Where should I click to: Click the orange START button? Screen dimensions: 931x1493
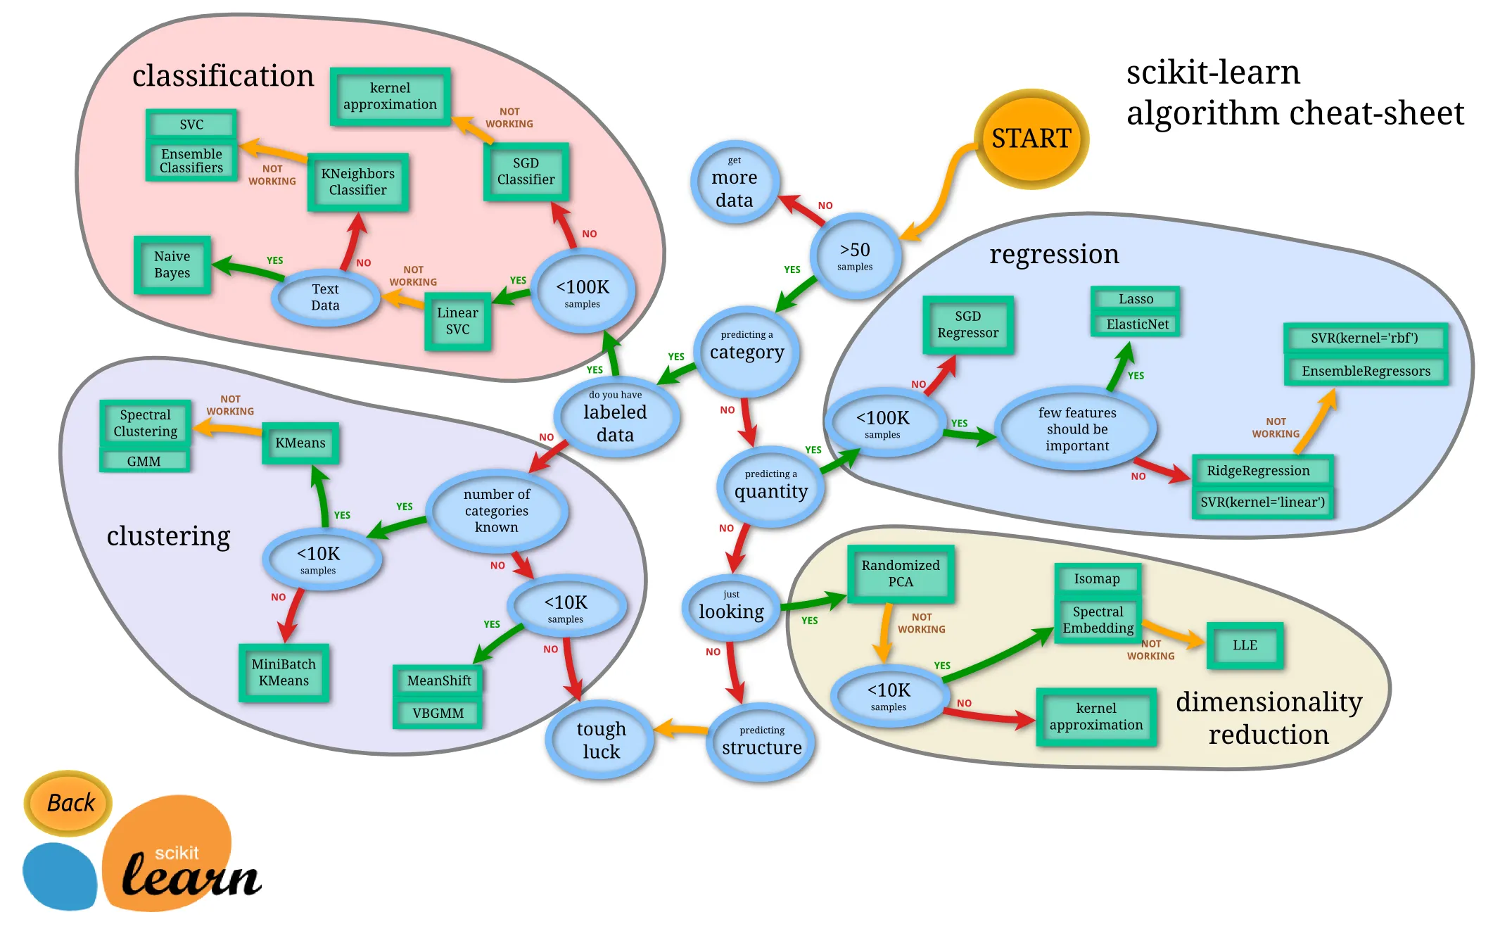tap(1031, 139)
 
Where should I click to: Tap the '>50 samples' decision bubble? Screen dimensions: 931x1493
tap(855, 256)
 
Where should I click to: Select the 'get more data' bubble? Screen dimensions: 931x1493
tap(734, 182)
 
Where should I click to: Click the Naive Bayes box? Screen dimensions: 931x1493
tap(172, 265)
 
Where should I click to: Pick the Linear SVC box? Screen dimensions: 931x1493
tap(457, 321)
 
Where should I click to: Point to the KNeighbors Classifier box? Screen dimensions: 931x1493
tap(357, 182)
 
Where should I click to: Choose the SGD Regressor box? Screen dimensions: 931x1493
tap(967, 324)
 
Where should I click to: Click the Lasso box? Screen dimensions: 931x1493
tap(1135, 299)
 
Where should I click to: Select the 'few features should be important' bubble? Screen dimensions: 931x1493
tap(1076, 429)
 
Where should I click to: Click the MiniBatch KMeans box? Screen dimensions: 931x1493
tap(284, 672)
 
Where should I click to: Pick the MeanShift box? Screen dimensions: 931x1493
tap(438, 680)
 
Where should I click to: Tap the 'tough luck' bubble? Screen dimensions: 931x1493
tap(600, 740)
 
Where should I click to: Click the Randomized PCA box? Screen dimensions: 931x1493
tap(900, 574)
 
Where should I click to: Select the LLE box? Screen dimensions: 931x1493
tap(1244, 645)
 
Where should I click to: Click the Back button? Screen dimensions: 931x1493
tap(69, 802)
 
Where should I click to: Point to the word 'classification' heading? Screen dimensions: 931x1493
tap(222, 76)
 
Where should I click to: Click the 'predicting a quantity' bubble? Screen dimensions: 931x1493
tap(770, 486)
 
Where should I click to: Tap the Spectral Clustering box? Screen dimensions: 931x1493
tap(145, 423)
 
